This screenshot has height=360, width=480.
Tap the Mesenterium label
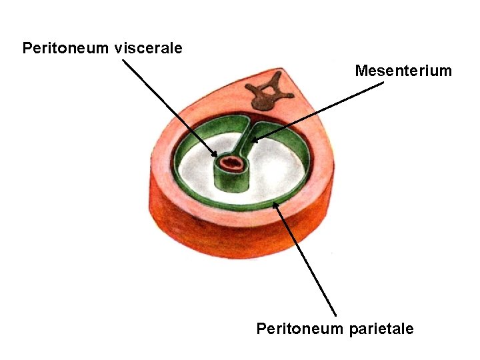[403, 71]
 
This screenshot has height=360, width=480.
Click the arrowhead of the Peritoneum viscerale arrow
[215, 157]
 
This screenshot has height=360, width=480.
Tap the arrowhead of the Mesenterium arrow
[255, 141]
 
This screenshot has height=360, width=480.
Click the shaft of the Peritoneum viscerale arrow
[167, 107]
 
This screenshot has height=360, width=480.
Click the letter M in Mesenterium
[361, 71]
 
